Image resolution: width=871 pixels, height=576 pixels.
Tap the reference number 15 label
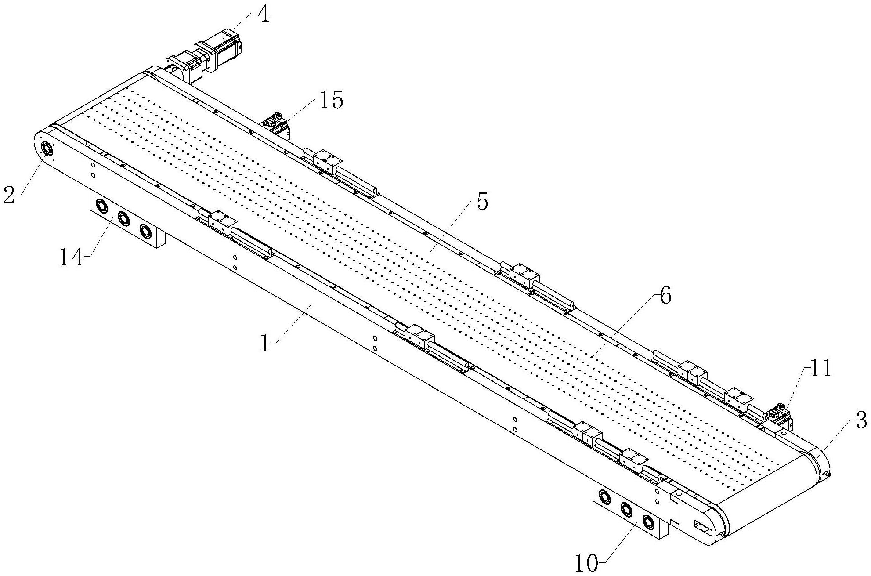(x=331, y=101)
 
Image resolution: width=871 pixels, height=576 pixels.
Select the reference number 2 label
(x=9, y=195)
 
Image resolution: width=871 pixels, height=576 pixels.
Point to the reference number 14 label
(x=71, y=258)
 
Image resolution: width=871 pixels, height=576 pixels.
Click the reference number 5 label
(x=482, y=203)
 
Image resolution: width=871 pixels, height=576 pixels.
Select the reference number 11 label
(x=820, y=368)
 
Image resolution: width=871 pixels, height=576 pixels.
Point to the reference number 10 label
(x=587, y=563)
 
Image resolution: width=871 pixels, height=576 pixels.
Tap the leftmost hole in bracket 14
(x=101, y=206)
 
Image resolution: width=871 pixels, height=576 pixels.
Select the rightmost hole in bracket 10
(x=648, y=522)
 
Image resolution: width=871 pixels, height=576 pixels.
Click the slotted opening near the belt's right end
(x=701, y=527)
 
